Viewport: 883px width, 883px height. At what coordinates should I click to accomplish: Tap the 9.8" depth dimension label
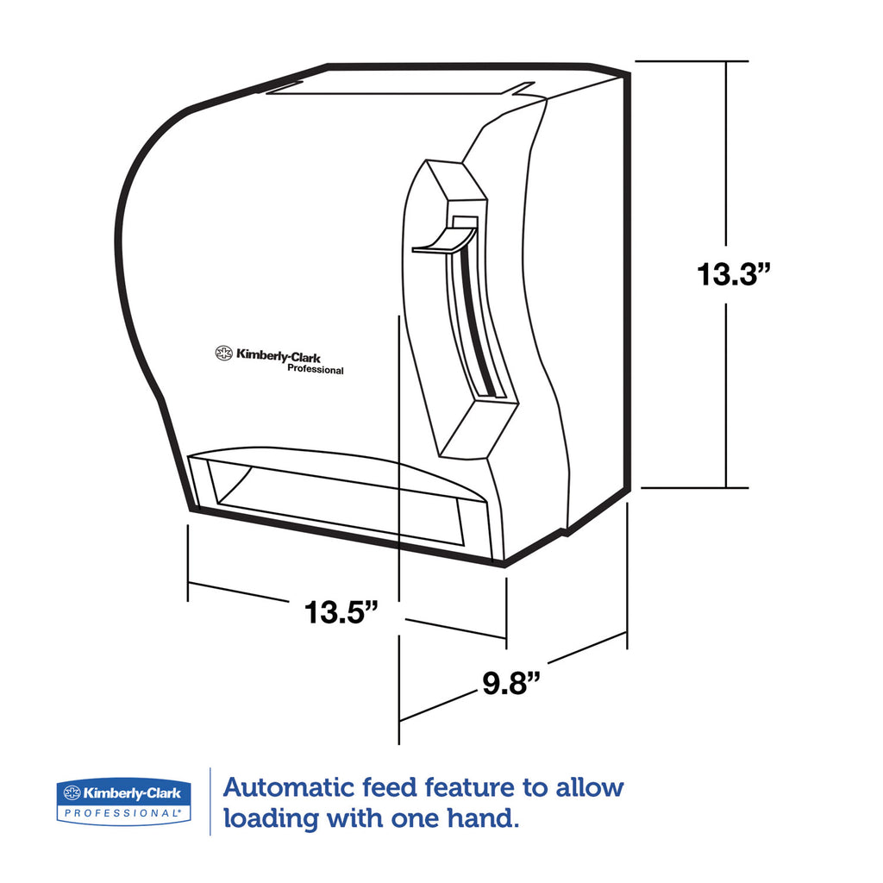[x=511, y=682]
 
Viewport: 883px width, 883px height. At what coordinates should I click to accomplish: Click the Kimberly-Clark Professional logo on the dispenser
[x=279, y=360]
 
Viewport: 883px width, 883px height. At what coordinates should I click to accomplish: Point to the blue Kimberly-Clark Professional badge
[x=123, y=802]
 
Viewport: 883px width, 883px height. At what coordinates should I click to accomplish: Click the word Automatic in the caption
[x=288, y=787]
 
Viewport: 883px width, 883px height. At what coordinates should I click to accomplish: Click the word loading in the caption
[x=272, y=819]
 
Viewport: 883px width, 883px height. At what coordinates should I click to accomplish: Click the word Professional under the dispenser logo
[x=316, y=369]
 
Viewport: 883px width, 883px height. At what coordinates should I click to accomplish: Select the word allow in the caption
[x=590, y=787]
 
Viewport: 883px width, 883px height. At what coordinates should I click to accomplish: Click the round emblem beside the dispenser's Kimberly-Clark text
[x=223, y=353]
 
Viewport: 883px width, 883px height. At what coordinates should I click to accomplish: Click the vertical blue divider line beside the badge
[x=210, y=801]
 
